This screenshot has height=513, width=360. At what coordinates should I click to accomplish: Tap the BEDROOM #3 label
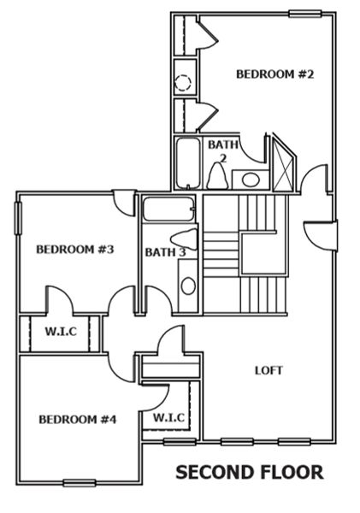[75, 251]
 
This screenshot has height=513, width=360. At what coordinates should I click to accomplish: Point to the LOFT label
[269, 370]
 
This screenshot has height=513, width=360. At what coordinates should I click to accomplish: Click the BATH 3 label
[165, 252]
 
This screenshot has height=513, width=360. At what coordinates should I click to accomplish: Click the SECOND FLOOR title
[249, 471]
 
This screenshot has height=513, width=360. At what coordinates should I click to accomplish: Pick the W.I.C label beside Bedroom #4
[169, 416]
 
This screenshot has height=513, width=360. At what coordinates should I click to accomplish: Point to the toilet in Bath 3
[183, 239]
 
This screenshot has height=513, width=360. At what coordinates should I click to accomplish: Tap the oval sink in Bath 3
[188, 285]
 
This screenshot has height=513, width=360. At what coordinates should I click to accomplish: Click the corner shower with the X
[281, 167]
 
